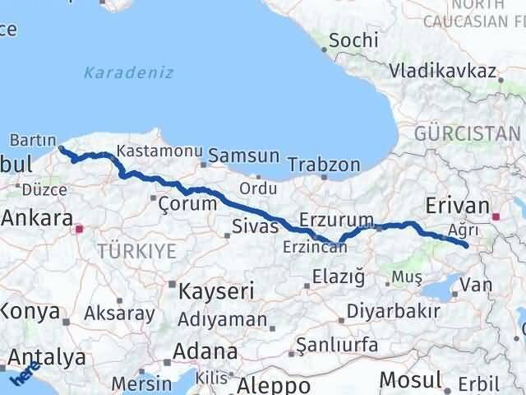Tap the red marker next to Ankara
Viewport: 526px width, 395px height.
[x=79, y=230]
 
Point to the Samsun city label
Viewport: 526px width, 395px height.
[x=244, y=156]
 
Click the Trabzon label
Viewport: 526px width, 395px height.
[x=325, y=165]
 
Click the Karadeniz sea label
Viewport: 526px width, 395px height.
[x=128, y=72]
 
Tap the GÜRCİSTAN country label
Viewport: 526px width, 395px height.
[x=467, y=133]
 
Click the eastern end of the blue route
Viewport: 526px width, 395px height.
[x=466, y=245]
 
